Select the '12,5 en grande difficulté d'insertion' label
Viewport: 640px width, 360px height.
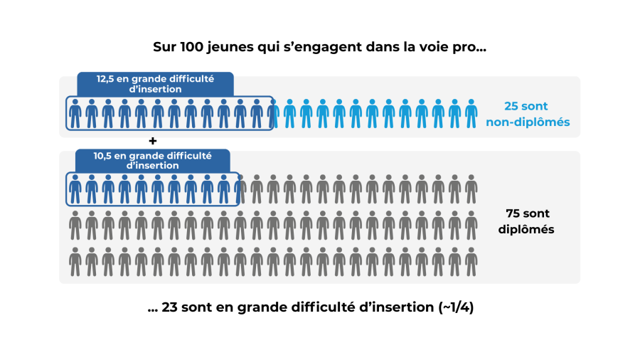155,84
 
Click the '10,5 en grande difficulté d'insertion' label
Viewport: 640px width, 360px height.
152,160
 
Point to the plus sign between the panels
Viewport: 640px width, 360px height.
152,141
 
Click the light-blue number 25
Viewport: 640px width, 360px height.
511,107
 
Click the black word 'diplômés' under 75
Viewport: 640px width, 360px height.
527,229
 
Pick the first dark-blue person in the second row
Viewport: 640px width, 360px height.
75,189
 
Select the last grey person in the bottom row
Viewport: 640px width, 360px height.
471,262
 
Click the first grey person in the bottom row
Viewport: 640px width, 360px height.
75,262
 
